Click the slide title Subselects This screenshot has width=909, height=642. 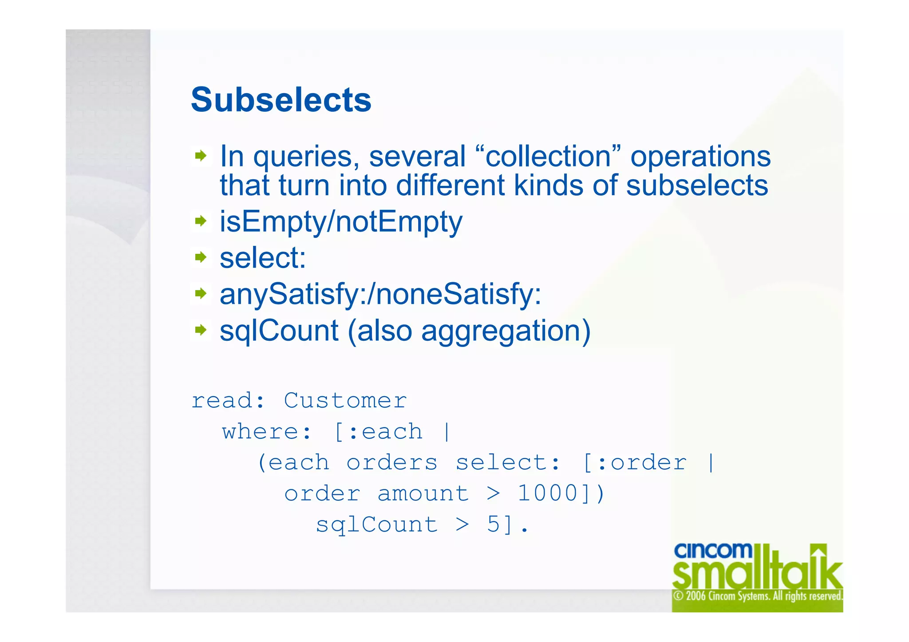coord(281,100)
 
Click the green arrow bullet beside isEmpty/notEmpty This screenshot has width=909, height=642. coord(201,221)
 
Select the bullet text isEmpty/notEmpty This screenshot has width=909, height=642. coord(341,222)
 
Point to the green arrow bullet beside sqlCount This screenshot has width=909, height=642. coord(201,330)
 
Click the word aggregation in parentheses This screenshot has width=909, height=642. coord(501,331)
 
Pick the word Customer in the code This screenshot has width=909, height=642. coord(345,401)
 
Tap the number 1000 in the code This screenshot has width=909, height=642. coord(548,493)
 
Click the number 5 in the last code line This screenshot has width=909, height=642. coord(494,524)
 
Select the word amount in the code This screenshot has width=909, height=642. coord(423,493)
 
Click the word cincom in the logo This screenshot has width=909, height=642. coord(712,551)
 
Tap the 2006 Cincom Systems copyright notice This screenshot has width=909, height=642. coord(758,596)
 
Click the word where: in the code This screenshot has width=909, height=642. coord(267,432)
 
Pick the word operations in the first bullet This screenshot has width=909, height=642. coord(700,157)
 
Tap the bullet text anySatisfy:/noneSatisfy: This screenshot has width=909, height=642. coord(380,294)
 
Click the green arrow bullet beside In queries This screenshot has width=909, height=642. coord(201,156)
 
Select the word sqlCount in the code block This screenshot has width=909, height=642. coord(376,524)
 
